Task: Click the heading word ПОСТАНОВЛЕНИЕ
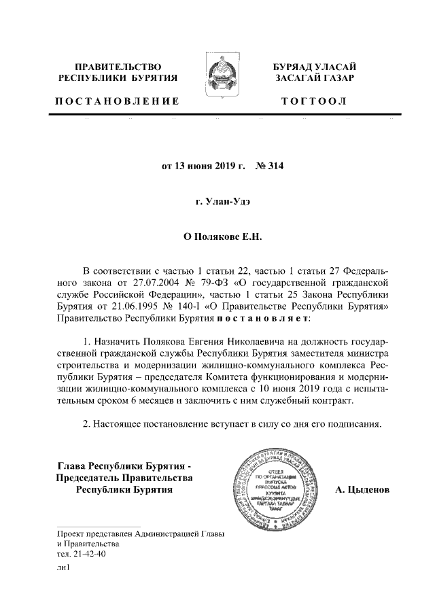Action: click(117, 101)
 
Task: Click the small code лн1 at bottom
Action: click(64, 573)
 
